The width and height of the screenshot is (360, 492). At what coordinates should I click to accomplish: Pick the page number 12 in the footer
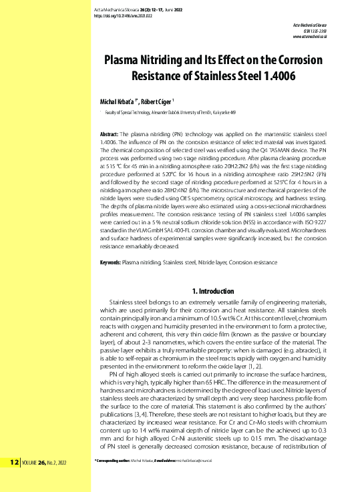(x=14, y=480)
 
